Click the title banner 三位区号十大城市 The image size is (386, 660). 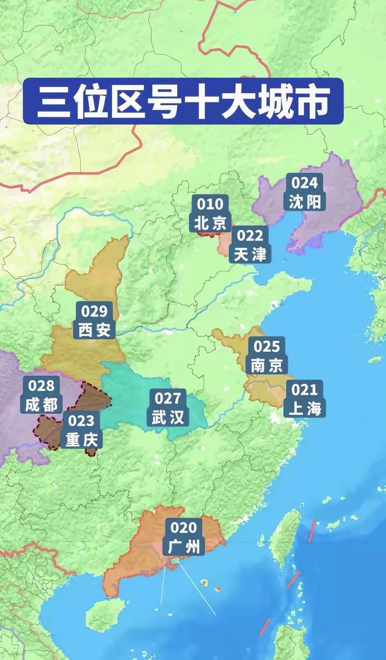[183, 101]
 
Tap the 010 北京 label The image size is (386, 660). [210, 213]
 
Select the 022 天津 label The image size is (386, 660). [250, 245]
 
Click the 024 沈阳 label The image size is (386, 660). [305, 192]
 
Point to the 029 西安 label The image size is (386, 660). [94, 320]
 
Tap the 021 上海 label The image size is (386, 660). [305, 399]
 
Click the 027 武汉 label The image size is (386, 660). [168, 408]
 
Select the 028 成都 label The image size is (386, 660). [41, 395]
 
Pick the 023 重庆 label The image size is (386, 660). [81, 430]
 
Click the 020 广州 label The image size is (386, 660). [183, 537]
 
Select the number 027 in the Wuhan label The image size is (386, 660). [168, 398]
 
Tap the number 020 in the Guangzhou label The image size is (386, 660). [183, 528]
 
